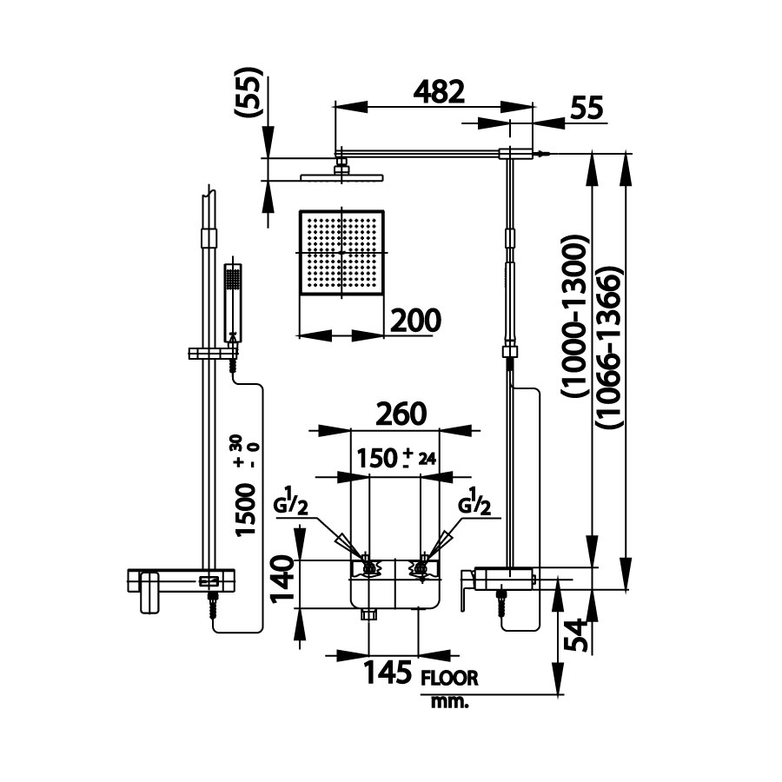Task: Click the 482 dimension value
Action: click(437, 91)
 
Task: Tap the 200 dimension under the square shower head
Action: click(414, 320)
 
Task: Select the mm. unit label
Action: click(449, 701)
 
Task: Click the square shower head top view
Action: click(341, 252)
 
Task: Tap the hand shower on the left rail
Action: click(233, 300)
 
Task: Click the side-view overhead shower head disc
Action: click(341, 176)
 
